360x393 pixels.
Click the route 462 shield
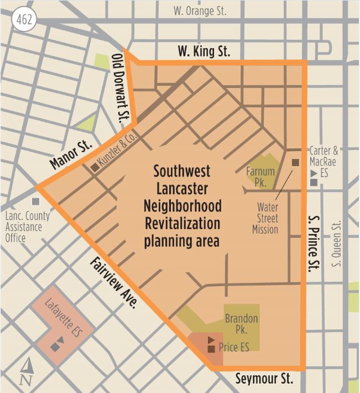coord(24,20)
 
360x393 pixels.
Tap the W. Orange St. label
coord(200,11)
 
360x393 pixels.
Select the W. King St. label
coord(204,52)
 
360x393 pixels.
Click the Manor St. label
coord(72,156)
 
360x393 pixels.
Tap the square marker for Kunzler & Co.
coord(95,167)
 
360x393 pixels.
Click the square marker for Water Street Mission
coord(295,162)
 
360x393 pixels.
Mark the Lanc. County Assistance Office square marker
coord(36,201)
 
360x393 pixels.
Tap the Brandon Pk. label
coord(241,324)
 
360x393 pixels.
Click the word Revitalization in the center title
coord(181,224)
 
